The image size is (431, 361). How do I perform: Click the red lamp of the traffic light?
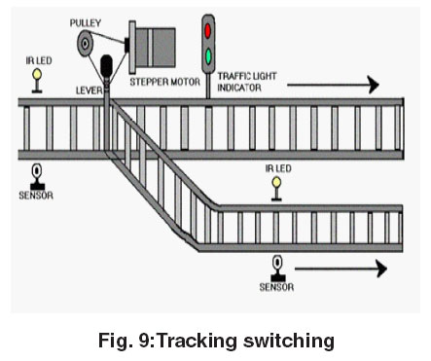tap(207, 31)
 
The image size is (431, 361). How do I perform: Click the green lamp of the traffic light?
tap(208, 56)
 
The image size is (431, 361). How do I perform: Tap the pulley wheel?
tap(85, 43)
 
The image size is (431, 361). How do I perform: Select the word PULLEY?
tap(86, 23)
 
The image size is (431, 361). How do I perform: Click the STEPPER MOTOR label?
tap(164, 82)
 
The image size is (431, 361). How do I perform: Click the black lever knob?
tap(107, 66)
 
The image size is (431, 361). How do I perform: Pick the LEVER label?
tap(89, 90)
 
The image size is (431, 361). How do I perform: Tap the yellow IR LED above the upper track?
tap(37, 74)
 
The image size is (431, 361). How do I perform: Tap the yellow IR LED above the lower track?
tap(276, 182)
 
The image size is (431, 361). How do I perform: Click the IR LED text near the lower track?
tap(278, 168)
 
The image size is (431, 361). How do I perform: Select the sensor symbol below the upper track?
tap(37, 177)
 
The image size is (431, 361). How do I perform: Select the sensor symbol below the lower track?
tap(277, 269)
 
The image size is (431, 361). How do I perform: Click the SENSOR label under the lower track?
tap(276, 287)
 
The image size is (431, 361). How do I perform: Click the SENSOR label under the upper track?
tap(36, 196)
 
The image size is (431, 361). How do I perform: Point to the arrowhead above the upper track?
tap(374, 85)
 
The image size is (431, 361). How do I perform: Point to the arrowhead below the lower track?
tap(381, 269)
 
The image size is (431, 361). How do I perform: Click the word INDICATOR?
tap(239, 88)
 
